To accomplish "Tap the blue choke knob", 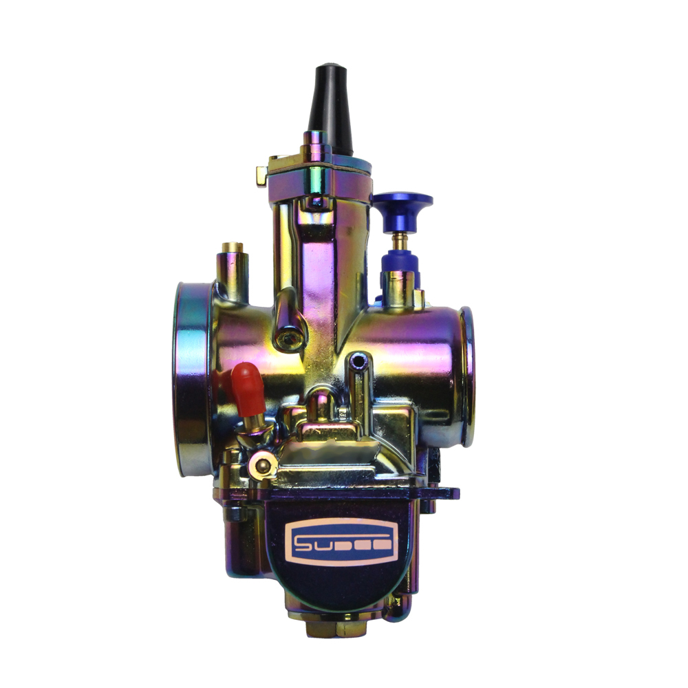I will click(x=402, y=204).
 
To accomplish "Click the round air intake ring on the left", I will click(x=190, y=378).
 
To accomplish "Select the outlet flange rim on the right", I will click(x=467, y=375).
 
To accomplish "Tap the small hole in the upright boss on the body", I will click(x=356, y=361).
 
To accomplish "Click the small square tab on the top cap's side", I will click(x=262, y=176).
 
